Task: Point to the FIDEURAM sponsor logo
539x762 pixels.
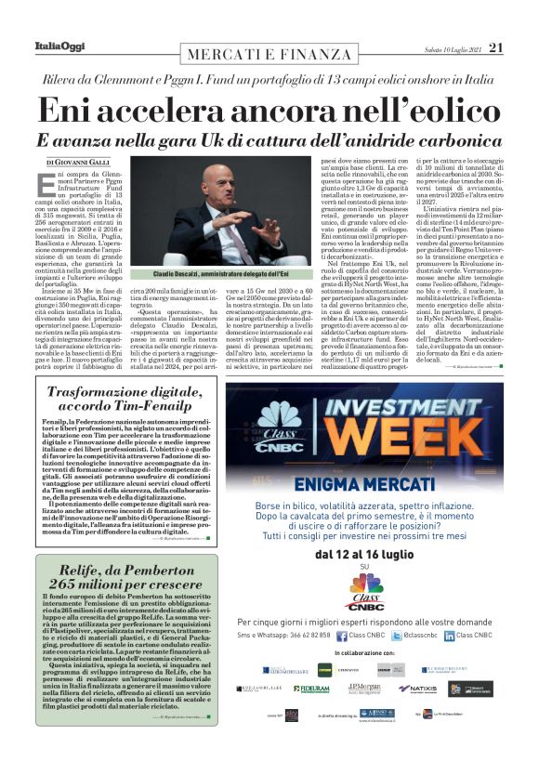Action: pos(312,689)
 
